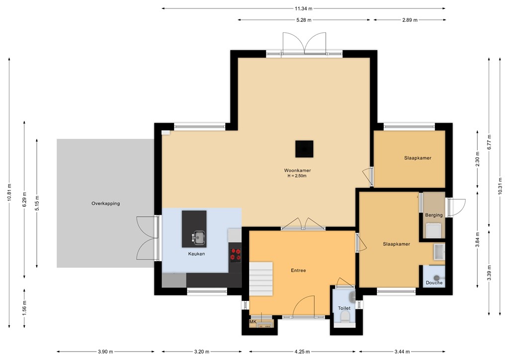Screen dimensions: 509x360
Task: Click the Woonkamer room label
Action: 297,171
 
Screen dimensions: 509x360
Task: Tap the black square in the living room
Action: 304,149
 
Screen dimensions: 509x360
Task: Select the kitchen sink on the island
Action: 198,237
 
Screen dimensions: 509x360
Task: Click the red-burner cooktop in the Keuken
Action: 236,255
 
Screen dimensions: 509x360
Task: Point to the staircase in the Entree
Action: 260,279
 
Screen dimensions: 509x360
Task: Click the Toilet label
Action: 344,308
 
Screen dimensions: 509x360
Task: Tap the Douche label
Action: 434,283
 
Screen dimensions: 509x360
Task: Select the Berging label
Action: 433,215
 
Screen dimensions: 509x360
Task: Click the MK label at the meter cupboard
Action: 253,322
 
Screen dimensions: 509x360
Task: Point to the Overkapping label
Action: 105,203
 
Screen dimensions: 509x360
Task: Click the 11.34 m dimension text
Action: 304,8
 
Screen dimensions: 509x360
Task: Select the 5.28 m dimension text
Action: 304,20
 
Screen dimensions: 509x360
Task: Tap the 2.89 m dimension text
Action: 410,20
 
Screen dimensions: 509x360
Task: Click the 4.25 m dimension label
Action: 302,351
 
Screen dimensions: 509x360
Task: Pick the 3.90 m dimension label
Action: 105,351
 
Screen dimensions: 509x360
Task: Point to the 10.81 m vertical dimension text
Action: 9,192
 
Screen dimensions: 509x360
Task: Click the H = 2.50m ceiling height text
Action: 297,176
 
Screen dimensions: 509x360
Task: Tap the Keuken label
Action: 196,254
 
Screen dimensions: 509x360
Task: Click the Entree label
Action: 298,270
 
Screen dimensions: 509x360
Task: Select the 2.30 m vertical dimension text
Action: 477,159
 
